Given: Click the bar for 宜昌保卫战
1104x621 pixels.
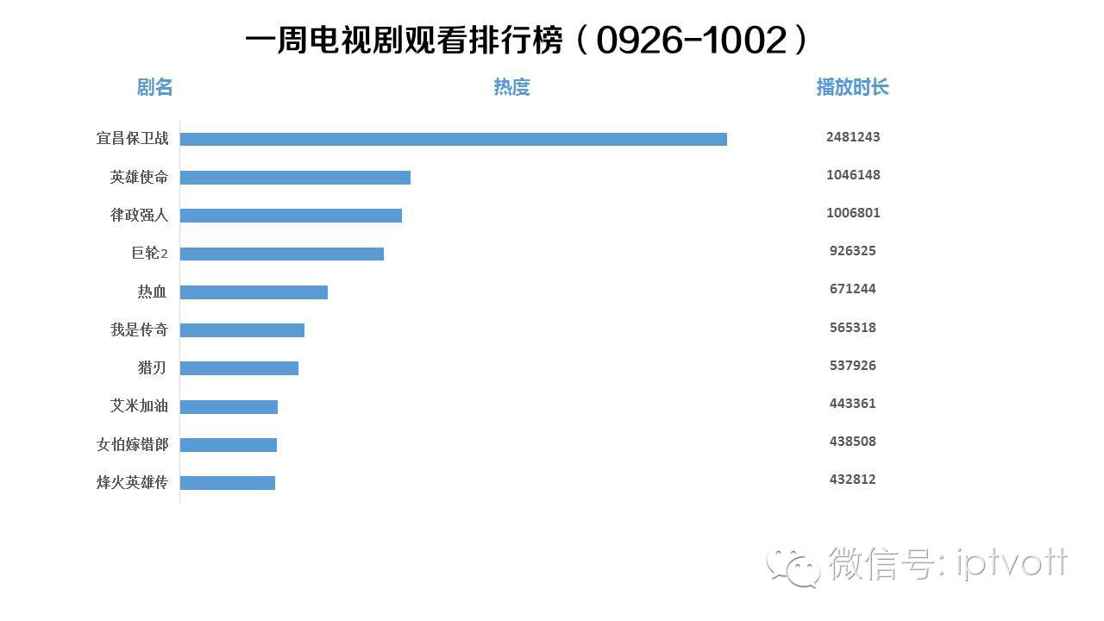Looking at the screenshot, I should click(453, 139).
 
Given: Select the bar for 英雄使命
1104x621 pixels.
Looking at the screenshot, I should click(295, 178).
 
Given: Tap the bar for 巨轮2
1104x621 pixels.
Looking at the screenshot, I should click(281, 254).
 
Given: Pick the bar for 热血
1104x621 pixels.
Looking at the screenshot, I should click(254, 292).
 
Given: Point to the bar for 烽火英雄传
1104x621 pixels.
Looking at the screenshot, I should click(228, 483).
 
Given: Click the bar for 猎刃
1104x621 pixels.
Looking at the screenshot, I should click(239, 368).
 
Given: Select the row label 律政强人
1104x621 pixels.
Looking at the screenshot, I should click(139, 215).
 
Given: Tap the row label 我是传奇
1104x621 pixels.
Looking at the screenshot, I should click(139, 329).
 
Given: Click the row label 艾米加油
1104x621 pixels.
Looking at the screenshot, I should click(139, 405).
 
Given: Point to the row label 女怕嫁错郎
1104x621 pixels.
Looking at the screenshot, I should click(132, 444).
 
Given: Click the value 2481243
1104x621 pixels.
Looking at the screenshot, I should click(853, 137).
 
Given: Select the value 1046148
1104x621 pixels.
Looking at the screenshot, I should click(853, 175).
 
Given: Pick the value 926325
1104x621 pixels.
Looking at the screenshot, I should click(853, 251).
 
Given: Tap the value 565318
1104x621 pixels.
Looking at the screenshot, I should click(853, 328).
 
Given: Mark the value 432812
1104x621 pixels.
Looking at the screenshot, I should click(853, 480).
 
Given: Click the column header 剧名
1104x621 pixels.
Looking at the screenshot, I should click(155, 87).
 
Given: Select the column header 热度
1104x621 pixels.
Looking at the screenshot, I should click(511, 87).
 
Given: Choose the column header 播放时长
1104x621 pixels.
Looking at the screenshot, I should click(852, 87).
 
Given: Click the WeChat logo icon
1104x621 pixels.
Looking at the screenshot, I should click(794, 567).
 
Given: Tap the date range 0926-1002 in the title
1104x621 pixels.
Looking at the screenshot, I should click(692, 41).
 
